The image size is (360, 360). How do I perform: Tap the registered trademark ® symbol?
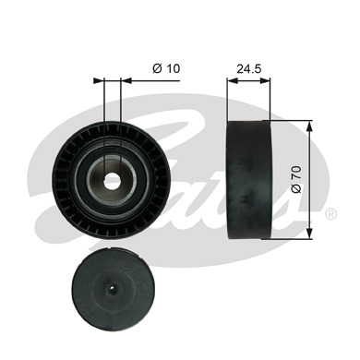tap(330, 214)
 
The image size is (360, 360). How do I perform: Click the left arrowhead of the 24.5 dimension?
tap(231, 79)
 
